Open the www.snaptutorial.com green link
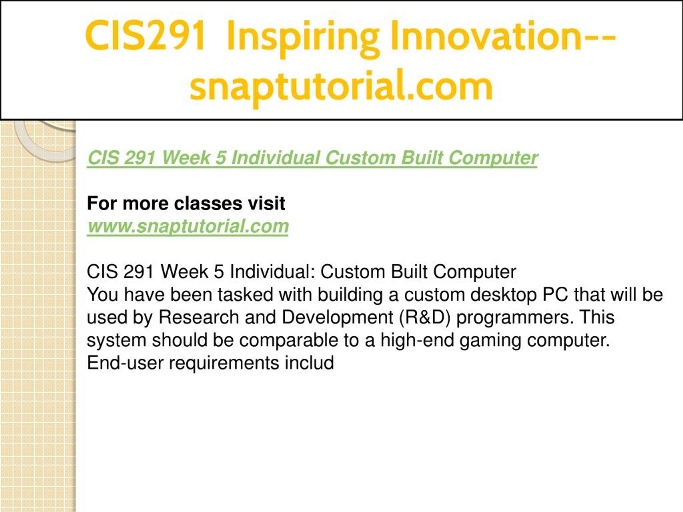point(188,226)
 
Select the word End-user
point(125,363)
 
